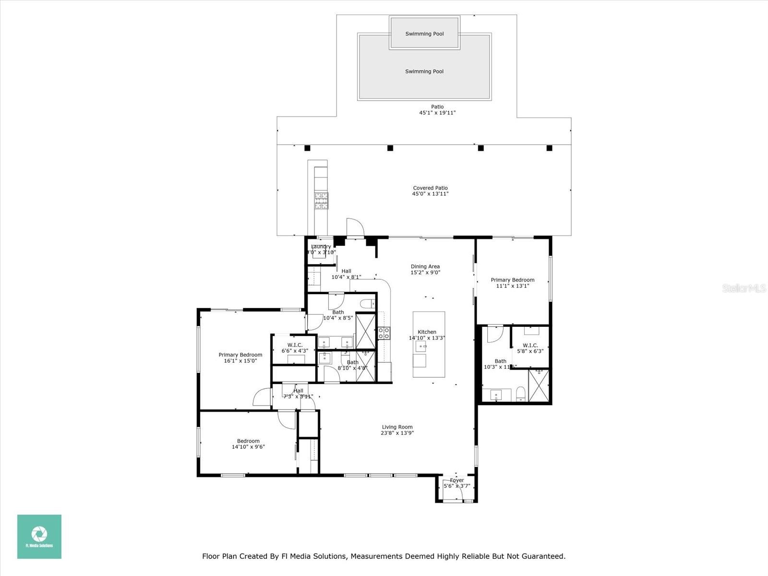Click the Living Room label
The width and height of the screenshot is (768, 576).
397,427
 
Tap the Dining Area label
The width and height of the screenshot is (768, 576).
425,266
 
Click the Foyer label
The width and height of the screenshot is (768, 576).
457,480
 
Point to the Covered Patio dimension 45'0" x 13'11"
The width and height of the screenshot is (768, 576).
430,194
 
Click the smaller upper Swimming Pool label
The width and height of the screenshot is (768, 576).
424,34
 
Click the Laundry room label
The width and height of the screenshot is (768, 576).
321,247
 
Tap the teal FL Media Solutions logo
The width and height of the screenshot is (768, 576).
39,537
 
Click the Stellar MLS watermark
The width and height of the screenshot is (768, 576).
744,288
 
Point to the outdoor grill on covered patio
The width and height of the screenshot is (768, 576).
321,201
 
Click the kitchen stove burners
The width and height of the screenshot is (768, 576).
384,333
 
